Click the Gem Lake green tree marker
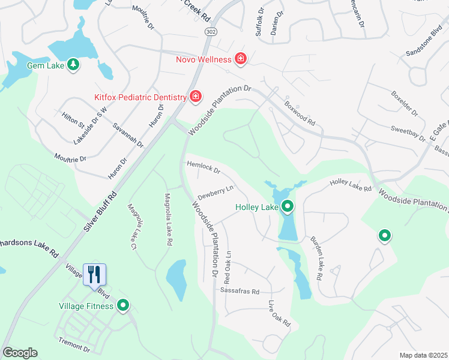[x=73, y=64]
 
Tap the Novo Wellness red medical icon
[x=240, y=59]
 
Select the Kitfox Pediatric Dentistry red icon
[x=195, y=96]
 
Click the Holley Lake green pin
[x=288, y=207]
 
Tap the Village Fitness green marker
[x=123, y=306]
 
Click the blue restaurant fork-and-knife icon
[x=94, y=274]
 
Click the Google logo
[x=20, y=353]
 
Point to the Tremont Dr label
[x=74, y=345]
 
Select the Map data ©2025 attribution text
[x=423, y=355]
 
